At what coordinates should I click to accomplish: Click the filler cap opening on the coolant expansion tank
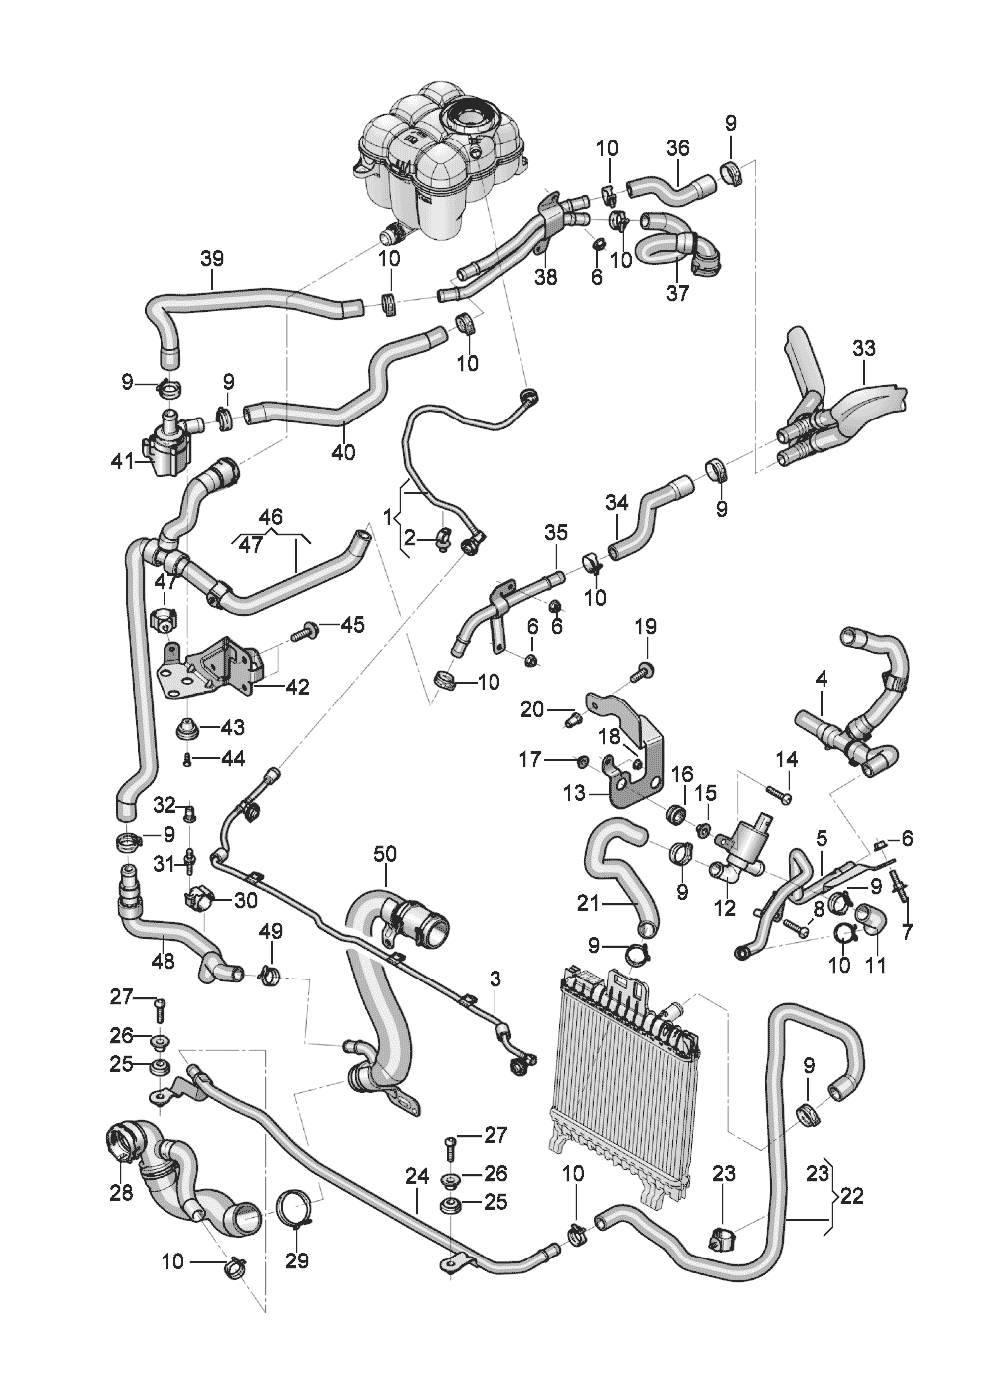(x=467, y=118)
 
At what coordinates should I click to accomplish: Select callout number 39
(x=212, y=258)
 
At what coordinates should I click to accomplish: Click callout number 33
(x=864, y=348)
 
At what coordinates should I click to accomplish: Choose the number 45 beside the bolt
(x=353, y=625)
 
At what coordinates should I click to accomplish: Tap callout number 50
(x=385, y=854)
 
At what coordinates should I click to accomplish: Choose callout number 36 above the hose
(x=678, y=148)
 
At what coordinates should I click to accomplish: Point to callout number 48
(x=163, y=962)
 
